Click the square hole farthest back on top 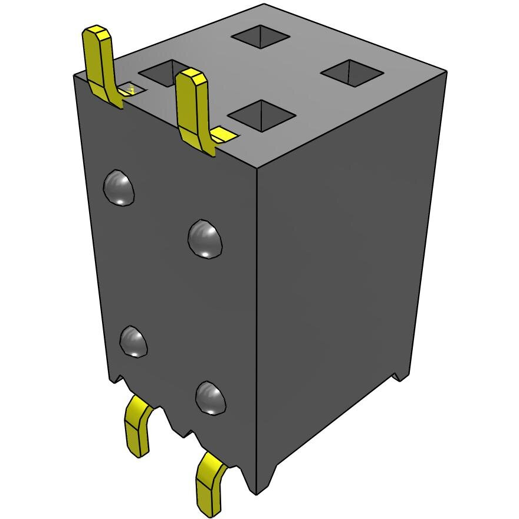click(x=260, y=37)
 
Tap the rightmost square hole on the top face click(x=352, y=73)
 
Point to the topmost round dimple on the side click(x=119, y=188)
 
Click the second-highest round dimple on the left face click(x=205, y=239)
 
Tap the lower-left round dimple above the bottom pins click(x=133, y=341)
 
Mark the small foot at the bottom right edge click(x=399, y=375)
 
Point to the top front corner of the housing click(x=258, y=170)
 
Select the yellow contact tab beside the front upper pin click(x=224, y=135)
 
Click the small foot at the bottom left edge click(x=116, y=377)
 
